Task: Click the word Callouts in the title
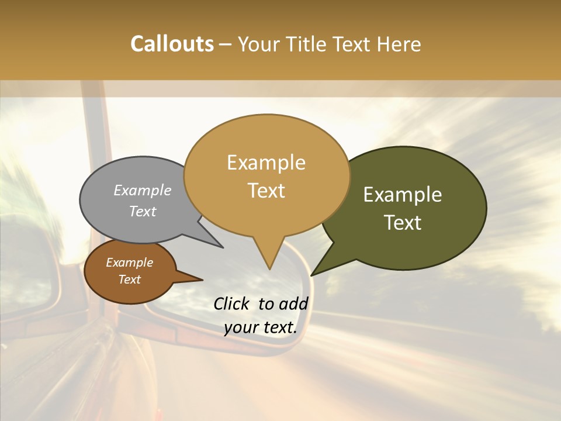coord(172,44)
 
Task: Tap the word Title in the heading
coord(309,44)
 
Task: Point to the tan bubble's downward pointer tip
coord(269,268)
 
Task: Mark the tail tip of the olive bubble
coord(313,274)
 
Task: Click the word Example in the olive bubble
coord(403,195)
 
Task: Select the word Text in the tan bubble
coord(266,191)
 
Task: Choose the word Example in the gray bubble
coord(143,190)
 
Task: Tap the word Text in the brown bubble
coord(130,279)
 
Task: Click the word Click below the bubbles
coord(233,303)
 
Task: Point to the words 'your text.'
coord(261,327)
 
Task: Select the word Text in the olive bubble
coord(403,223)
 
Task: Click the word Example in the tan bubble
coord(266,163)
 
